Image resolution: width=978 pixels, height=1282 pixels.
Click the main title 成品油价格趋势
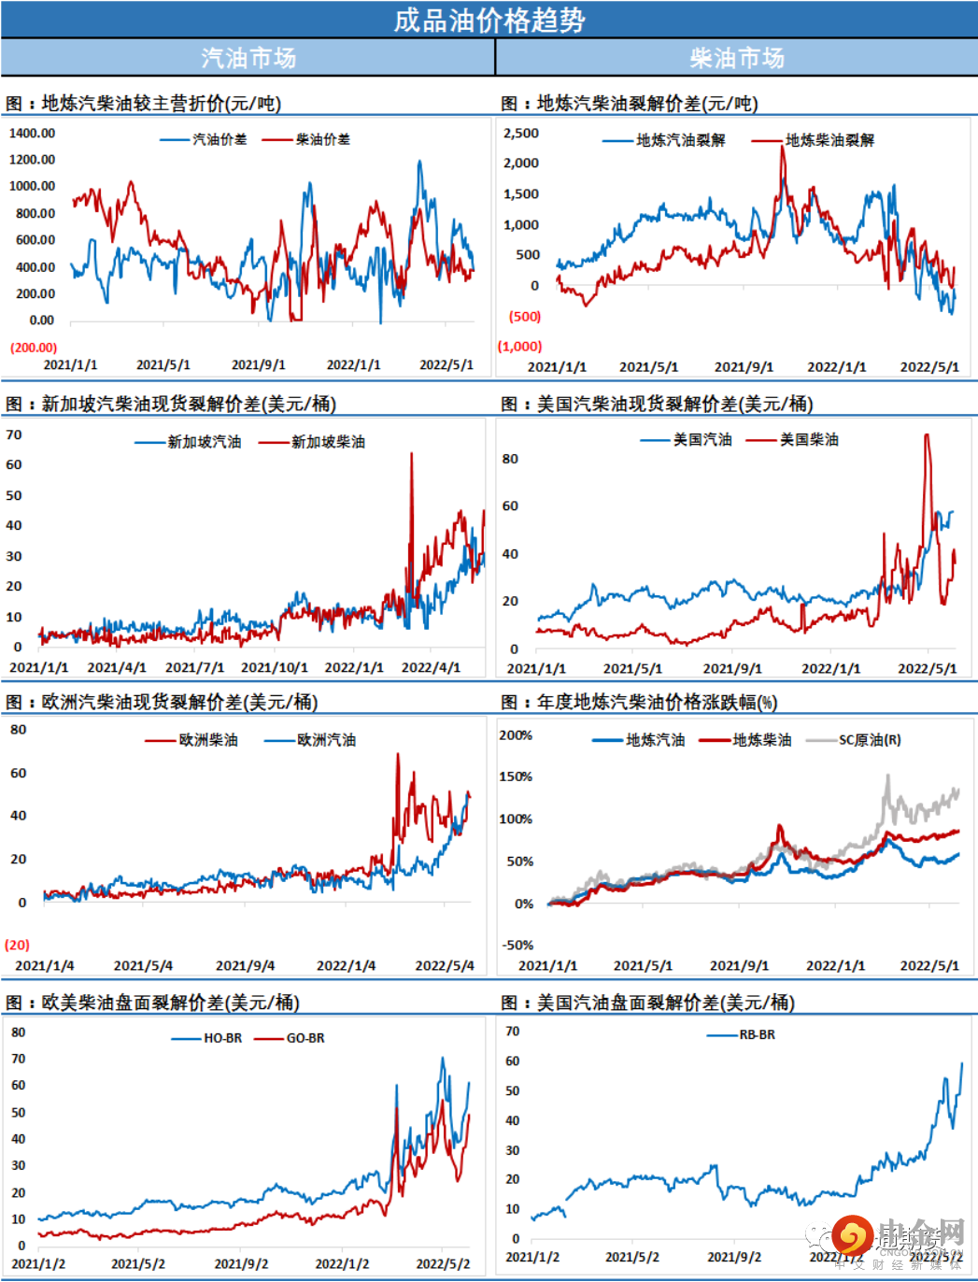(489, 20)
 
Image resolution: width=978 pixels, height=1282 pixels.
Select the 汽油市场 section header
(248, 58)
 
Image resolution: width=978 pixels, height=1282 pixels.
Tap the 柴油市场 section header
(736, 58)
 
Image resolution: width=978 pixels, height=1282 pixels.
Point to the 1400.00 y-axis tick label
(32, 133)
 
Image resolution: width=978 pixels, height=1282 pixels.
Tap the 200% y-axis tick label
(516, 735)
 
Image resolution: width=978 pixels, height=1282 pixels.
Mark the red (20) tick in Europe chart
(17, 945)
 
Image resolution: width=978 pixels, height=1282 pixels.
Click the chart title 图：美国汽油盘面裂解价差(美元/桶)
(647, 1003)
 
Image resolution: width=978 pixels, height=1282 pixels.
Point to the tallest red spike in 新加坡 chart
(411, 455)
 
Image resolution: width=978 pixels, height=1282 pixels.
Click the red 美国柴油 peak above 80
(927, 435)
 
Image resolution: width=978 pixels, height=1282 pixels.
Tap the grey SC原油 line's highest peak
(887, 776)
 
